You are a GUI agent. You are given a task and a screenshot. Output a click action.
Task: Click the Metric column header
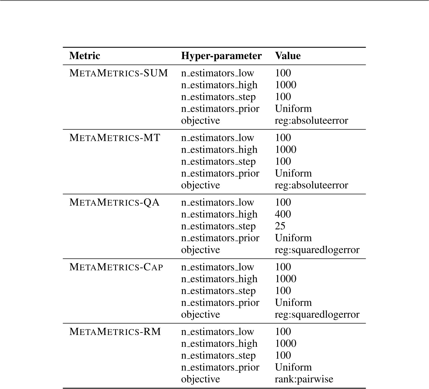click(x=84, y=56)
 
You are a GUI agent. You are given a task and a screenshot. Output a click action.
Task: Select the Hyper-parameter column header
click(x=221, y=56)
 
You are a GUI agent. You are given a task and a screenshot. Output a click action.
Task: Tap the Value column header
click(x=288, y=56)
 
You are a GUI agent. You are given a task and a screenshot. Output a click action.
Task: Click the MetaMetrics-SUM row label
click(x=118, y=73)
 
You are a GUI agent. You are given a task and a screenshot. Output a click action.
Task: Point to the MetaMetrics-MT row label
click(x=115, y=138)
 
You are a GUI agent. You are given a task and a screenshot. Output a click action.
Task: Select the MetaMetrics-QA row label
click(x=114, y=203)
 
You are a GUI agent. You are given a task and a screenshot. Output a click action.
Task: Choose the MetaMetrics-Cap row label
click(x=116, y=267)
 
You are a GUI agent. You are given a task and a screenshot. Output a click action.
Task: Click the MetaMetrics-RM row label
click(x=115, y=332)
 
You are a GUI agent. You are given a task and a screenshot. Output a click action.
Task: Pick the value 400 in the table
click(x=283, y=214)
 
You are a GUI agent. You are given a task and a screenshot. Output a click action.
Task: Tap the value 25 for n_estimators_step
click(x=280, y=226)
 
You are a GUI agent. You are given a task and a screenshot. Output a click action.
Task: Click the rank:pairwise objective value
click(x=304, y=379)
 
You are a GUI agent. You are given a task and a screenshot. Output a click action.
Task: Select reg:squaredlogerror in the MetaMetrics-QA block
click(x=317, y=250)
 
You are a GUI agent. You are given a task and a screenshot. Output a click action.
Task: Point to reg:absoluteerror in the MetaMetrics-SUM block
click(x=311, y=121)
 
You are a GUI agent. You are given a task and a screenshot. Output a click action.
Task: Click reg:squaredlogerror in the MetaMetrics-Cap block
click(x=317, y=315)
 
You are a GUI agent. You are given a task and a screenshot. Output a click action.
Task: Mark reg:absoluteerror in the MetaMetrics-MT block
click(x=311, y=185)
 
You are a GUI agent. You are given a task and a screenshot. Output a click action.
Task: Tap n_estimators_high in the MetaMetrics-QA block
click(x=219, y=214)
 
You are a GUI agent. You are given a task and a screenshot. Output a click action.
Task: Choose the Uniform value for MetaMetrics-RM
click(x=293, y=367)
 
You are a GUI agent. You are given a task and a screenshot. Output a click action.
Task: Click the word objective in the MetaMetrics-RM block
click(x=200, y=379)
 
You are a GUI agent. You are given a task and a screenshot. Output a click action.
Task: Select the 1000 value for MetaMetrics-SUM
click(x=286, y=85)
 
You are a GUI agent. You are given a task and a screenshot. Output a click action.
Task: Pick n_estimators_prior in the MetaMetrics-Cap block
click(x=220, y=303)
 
